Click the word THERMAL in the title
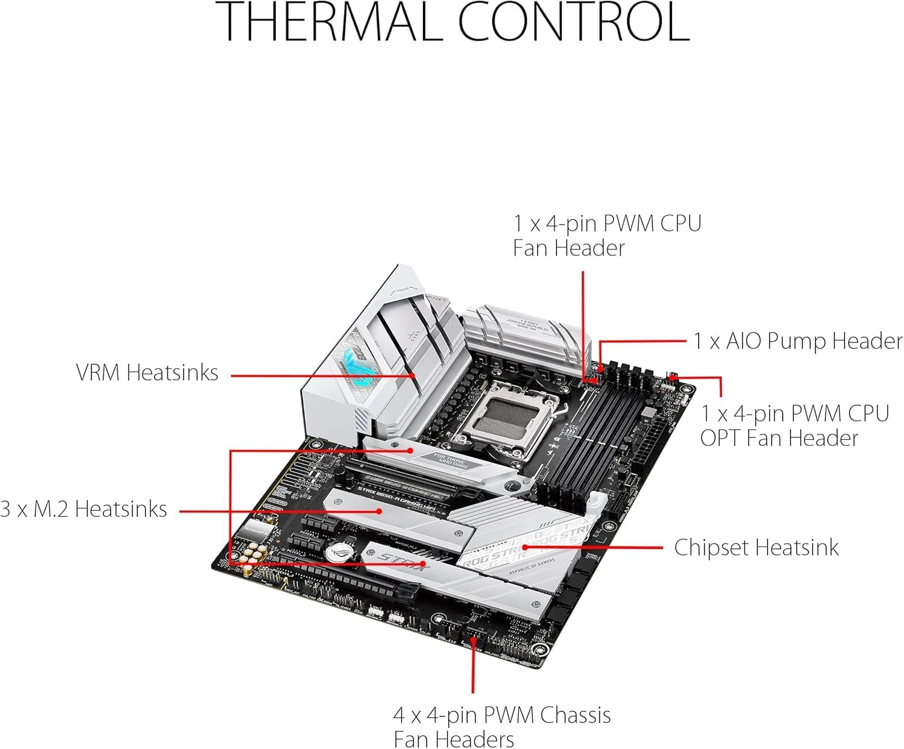click(334, 22)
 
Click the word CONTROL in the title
click(573, 22)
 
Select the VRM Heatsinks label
click(147, 372)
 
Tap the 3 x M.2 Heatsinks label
click(84, 509)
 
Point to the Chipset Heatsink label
click(756, 547)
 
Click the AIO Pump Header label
click(797, 341)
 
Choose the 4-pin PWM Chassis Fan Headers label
click(501, 727)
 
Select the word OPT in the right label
click(720, 438)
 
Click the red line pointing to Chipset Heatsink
click(603, 548)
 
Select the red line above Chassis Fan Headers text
click(473, 669)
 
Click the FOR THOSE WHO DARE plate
click(448, 459)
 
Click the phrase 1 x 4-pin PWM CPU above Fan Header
click(607, 224)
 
